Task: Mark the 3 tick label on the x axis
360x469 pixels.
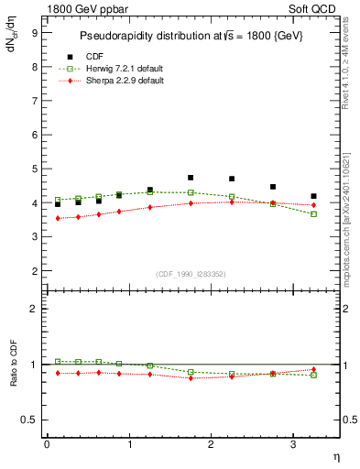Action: pyautogui.click(x=292, y=444)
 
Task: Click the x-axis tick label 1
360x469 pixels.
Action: pyautogui.click(x=129, y=444)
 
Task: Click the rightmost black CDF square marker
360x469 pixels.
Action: pyautogui.click(x=313, y=196)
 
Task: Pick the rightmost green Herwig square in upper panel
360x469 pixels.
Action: pyautogui.click(x=313, y=214)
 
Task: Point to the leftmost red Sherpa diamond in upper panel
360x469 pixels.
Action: pyautogui.click(x=58, y=218)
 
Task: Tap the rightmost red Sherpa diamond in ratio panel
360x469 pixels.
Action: pyautogui.click(x=313, y=369)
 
